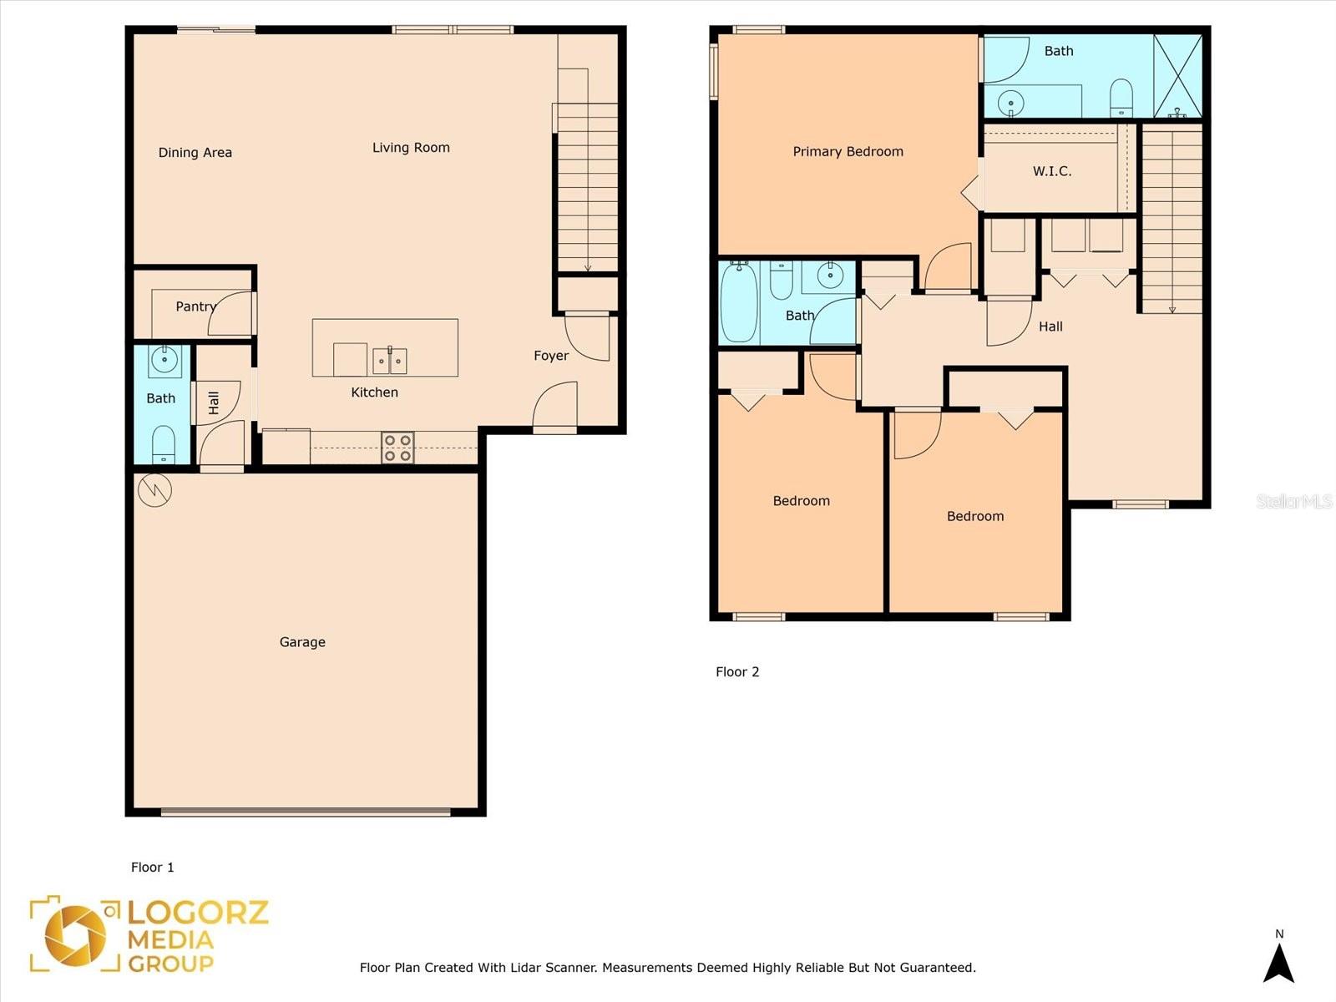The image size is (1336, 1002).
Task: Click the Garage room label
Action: tap(302, 642)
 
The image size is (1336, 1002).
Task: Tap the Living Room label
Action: tap(411, 148)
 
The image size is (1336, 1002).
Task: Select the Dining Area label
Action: tap(195, 153)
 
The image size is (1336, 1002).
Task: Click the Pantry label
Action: tap(196, 306)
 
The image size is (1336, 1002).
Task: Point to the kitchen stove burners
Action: tap(398, 448)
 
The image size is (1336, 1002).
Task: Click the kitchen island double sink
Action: tap(390, 361)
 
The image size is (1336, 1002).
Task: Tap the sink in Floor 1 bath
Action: tap(164, 360)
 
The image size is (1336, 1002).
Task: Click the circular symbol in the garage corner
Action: tap(154, 490)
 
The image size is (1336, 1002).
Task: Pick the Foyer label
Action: tap(551, 356)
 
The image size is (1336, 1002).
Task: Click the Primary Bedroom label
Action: tap(848, 151)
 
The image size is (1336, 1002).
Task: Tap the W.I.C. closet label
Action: tap(1052, 171)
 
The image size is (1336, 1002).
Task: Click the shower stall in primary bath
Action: tap(1177, 76)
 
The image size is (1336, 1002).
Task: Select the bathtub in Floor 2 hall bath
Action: tap(739, 302)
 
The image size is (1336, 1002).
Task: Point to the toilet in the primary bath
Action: tap(1121, 98)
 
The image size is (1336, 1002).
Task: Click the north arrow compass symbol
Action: tap(1279, 963)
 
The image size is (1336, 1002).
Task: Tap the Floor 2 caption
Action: tap(737, 671)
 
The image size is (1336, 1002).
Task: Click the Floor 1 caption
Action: tap(153, 867)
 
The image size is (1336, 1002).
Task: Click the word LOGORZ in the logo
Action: tap(198, 913)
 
